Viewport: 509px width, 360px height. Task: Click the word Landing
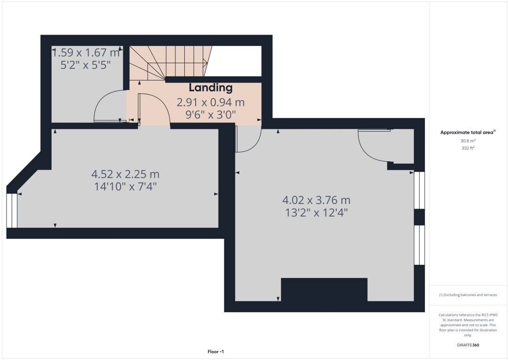coord(210,88)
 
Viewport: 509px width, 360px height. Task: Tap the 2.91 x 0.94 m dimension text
coord(210,102)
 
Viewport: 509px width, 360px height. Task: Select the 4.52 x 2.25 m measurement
coord(125,174)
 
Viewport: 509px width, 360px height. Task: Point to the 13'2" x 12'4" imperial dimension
coord(316,212)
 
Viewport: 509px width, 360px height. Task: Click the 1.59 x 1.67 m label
coord(85,53)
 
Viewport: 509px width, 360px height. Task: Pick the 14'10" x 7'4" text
coord(125,186)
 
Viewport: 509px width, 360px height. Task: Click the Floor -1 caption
coord(219,351)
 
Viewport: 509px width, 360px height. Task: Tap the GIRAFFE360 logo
coord(468,345)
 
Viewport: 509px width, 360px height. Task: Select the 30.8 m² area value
coord(468,141)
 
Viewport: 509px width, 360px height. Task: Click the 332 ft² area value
coord(468,148)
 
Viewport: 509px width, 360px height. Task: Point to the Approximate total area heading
coord(467,133)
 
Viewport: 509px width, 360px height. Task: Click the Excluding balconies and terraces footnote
coord(468,295)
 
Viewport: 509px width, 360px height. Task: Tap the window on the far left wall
coord(12,210)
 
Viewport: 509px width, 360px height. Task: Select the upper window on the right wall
coord(419,190)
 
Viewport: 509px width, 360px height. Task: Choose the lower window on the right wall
coord(419,245)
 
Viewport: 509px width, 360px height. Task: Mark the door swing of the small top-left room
coord(107,106)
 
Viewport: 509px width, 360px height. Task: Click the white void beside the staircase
coord(235,60)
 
